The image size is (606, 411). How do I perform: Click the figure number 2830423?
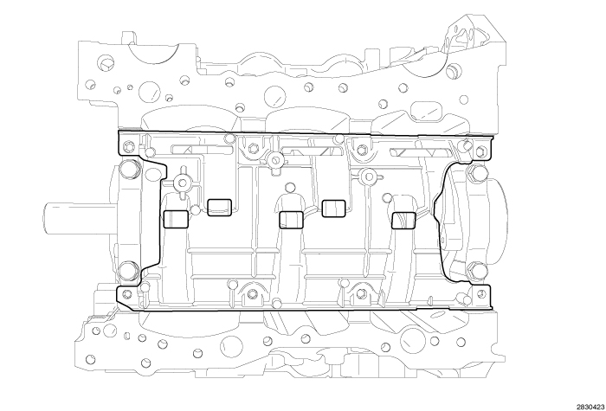coord(578,401)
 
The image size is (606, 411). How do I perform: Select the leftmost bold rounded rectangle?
coord(176,219)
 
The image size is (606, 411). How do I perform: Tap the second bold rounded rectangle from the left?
coord(220,206)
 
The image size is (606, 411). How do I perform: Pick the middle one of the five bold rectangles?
coord(291,219)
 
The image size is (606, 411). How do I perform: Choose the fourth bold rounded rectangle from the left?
coord(333,207)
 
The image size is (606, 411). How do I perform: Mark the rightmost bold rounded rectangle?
coord(404,220)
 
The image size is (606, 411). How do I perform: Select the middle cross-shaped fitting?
coord(274,159)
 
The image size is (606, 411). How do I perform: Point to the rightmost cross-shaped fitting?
coord(369,179)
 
